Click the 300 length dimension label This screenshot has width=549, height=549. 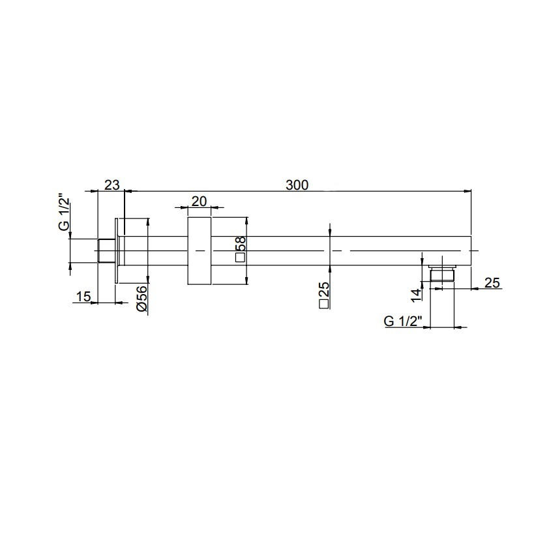pos(297,185)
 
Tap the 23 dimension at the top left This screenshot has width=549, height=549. pos(112,185)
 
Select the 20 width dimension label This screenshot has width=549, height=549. pos(200,201)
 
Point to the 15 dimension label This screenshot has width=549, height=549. pos(83,297)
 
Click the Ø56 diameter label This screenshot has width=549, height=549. pos(143,299)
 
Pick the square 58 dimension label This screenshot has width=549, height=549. pos(241,249)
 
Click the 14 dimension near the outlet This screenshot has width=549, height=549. pos(416,295)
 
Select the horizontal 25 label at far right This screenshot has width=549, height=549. pos(492,282)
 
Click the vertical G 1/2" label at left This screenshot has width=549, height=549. pos(64,214)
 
